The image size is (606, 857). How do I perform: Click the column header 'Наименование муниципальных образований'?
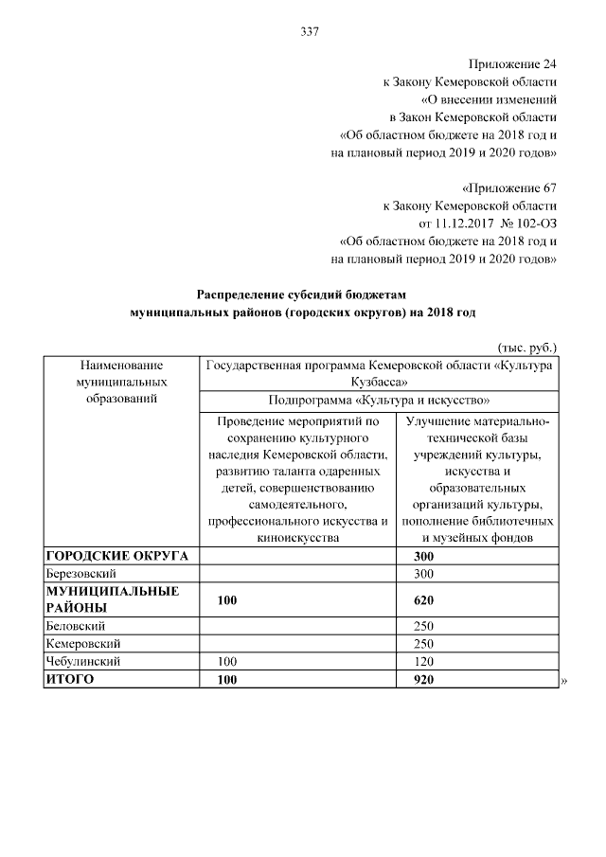coord(121,382)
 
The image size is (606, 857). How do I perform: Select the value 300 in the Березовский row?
coord(424,574)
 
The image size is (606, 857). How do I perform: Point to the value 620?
coord(424,599)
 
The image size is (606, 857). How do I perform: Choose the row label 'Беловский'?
coord(75,626)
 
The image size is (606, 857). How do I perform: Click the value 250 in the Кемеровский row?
coord(424,643)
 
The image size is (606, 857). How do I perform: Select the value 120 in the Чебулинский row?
coord(424,660)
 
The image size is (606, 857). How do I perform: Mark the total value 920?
coord(424,678)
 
